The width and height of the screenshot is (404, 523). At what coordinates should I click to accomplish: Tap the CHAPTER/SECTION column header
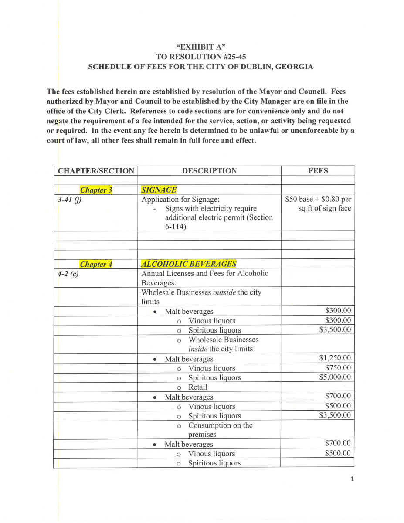(96, 171)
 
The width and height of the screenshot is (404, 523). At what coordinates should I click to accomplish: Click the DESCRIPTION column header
(209, 171)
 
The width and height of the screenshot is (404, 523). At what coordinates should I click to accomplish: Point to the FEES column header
(318, 171)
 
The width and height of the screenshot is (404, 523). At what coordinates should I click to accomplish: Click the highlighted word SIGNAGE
(159, 190)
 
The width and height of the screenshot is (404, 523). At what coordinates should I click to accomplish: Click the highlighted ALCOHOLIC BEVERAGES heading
(188, 264)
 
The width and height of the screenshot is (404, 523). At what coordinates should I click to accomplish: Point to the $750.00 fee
(338, 368)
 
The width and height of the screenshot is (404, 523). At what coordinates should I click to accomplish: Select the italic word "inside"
(198, 349)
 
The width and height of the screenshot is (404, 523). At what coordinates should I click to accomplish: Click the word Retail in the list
(197, 387)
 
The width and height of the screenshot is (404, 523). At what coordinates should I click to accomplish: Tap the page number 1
(352, 480)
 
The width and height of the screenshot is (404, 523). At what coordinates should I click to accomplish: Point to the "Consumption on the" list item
(220, 425)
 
